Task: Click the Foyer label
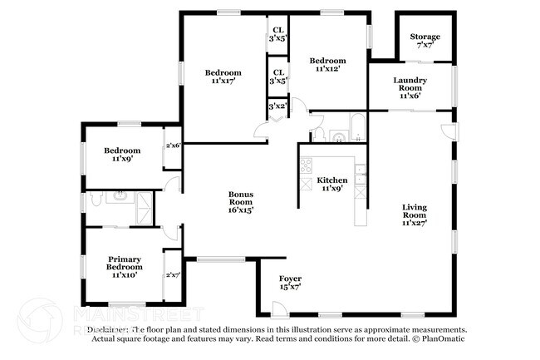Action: pos(290,282)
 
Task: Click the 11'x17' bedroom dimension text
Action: pos(223,81)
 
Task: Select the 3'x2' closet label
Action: pos(277,106)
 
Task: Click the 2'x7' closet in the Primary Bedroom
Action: pos(173,274)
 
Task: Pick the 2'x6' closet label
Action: pos(173,145)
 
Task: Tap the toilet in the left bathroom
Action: pos(97,200)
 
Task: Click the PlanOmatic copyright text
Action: pos(439,340)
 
